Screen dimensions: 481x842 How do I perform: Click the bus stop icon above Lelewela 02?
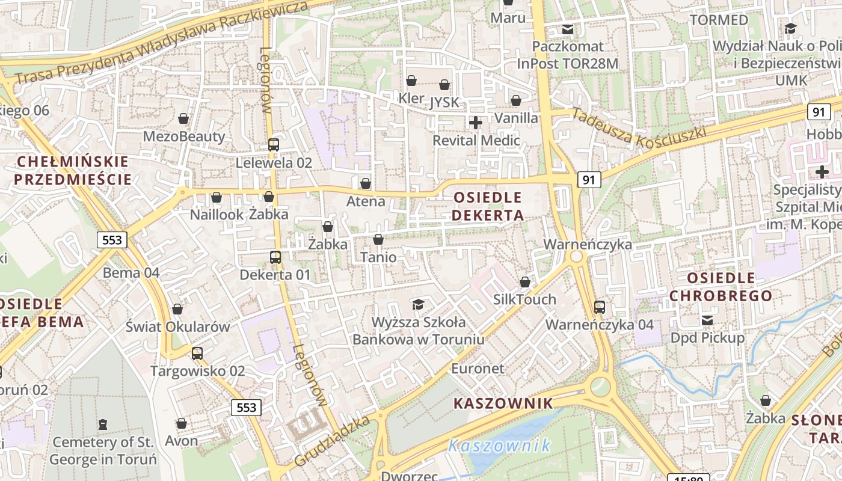(x=274, y=144)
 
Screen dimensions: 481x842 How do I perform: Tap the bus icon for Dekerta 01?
(x=275, y=257)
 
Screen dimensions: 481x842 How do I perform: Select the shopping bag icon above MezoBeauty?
(x=183, y=118)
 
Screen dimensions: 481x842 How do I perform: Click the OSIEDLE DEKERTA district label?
(x=488, y=206)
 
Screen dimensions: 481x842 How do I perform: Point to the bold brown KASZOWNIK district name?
(x=503, y=403)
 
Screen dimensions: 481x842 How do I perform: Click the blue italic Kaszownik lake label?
(x=499, y=446)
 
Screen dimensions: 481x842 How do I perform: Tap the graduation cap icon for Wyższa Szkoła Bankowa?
(x=418, y=304)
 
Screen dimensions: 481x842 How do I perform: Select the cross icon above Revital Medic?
(x=476, y=123)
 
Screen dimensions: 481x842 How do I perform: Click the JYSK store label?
(x=444, y=103)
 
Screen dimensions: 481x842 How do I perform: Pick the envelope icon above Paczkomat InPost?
(x=567, y=29)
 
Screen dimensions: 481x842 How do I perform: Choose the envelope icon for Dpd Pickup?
(x=707, y=320)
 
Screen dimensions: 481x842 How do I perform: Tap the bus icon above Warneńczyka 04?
(x=600, y=307)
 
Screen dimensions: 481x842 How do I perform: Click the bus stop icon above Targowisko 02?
(x=197, y=354)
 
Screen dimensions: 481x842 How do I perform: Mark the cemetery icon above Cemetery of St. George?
(x=103, y=424)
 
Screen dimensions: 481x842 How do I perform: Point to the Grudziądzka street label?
(x=332, y=441)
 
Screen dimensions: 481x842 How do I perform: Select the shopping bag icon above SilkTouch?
(x=525, y=282)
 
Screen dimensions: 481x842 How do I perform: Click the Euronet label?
(x=478, y=369)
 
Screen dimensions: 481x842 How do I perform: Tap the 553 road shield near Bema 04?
(x=112, y=240)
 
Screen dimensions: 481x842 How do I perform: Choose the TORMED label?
(x=719, y=20)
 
